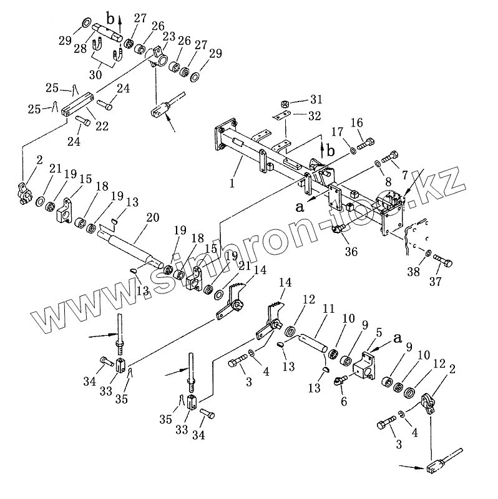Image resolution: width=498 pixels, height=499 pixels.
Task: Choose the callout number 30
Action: coord(95,74)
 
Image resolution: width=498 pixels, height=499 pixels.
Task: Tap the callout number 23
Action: coord(168,37)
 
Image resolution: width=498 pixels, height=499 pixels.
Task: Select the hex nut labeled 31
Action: coord(283,103)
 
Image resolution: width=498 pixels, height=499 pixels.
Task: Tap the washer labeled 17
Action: coord(353,150)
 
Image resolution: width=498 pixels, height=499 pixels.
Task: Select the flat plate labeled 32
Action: coord(282,116)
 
